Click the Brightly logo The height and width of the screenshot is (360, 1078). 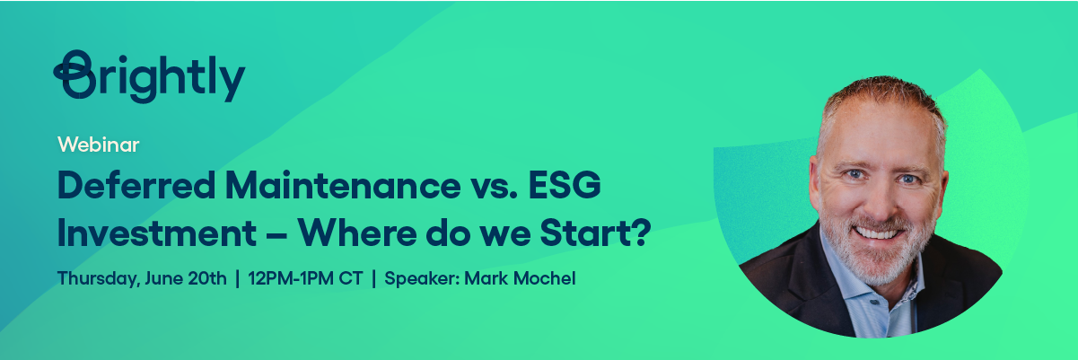149,76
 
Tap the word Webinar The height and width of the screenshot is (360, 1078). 98,145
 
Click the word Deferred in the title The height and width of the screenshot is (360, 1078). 136,185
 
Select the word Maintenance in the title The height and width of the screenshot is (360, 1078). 343,185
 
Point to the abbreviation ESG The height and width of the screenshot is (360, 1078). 565,185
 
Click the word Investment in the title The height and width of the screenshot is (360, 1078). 157,233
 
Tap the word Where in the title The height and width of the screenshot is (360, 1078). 356,233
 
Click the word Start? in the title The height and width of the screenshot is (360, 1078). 595,233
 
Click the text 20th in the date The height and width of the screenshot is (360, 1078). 207,278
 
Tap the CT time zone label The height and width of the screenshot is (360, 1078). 350,278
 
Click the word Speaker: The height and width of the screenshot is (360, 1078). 422,279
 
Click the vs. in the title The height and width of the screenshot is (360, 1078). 495,186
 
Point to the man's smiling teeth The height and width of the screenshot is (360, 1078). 876,233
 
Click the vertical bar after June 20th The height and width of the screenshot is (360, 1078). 238,278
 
